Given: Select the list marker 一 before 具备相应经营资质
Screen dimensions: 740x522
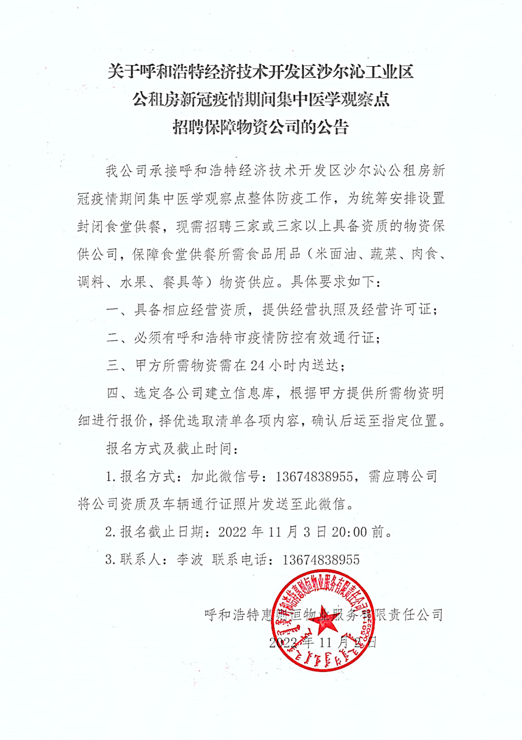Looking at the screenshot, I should coord(113,310).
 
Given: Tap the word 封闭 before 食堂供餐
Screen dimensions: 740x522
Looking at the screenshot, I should coord(91,227).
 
